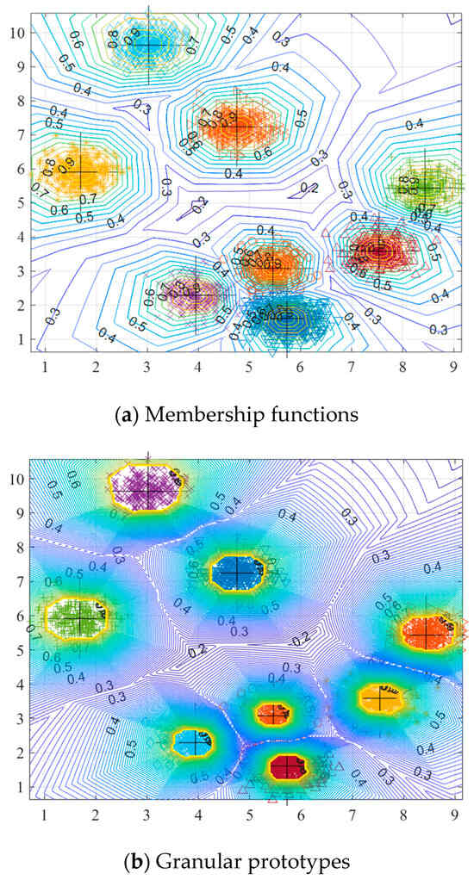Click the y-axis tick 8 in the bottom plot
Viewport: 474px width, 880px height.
point(19,547)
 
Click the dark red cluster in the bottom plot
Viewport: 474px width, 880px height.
point(287,765)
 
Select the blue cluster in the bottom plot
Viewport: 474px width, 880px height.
point(239,571)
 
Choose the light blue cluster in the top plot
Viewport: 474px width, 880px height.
point(148,43)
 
